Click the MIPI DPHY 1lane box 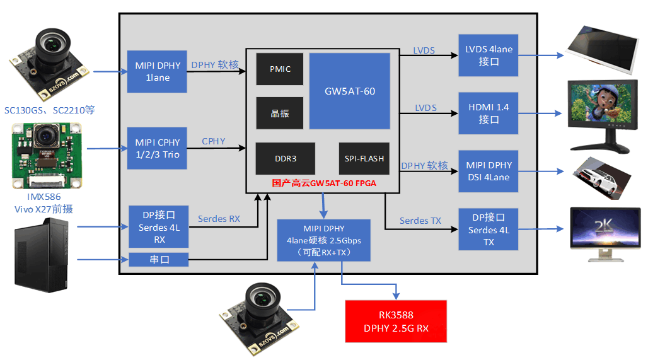pyautogui.click(x=157, y=71)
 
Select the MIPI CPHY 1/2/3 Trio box pyautogui.click(x=157, y=148)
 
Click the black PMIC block pyautogui.click(x=280, y=69)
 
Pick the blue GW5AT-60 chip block pyautogui.click(x=349, y=91)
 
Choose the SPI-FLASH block pyautogui.click(x=364, y=159)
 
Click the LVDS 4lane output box pyautogui.click(x=489, y=55)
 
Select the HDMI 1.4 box pyautogui.click(x=489, y=113)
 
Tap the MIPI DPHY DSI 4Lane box pyautogui.click(x=489, y=171)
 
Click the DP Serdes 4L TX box pyautogui.click(x=489, y=229)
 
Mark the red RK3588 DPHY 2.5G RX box pyautogui.click(x=396, y=322)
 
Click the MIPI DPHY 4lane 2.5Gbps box pyautogui.click(x=324, y=240)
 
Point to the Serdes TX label pyautogui.click(x=420, y=221)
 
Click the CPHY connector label pyautogui.click(x=214, y=141)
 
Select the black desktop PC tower pyautogui.click(x=42, y=255)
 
